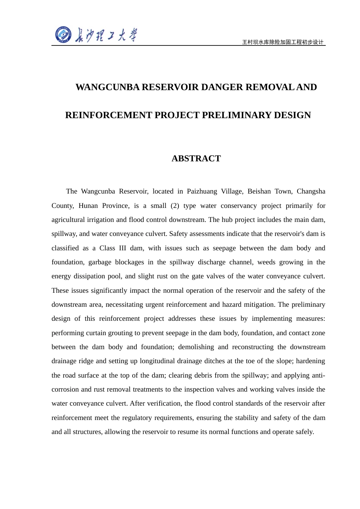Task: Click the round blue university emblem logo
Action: coord(63,35)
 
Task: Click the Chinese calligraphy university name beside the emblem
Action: coord(106,35)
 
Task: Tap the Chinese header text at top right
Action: coord(283,42)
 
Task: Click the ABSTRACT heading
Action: coord(196,158)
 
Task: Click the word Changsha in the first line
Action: coord(311,191)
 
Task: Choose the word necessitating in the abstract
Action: coord(123,304)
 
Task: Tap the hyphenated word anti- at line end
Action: coord(318,375)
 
